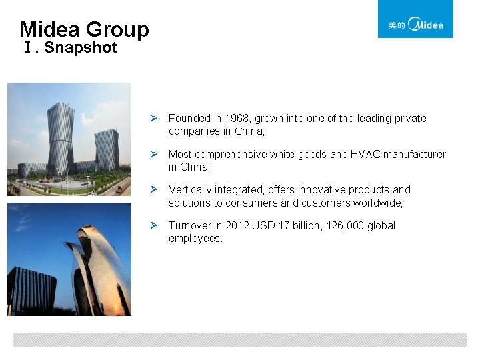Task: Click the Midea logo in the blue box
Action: click(x=415, y=25)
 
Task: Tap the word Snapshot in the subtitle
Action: click(x=81, y=48)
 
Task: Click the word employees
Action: click(x=195, y=239)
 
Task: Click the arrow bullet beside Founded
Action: click(x=153, y=119)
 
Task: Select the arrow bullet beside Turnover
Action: click(x=153, y=226)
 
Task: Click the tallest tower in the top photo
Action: click(x=61, y=137)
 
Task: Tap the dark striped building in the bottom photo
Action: click(x=32, y=289)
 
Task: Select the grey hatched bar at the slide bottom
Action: click(x=240, y=340)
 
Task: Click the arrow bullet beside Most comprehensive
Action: click(x=153, y=155)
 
